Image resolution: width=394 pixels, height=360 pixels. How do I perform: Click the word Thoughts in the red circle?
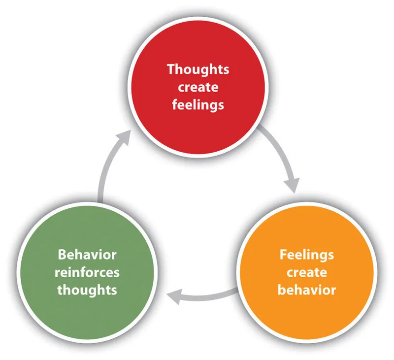tap(197, 69)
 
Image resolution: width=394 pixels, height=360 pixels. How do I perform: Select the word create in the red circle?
tap(197, 87)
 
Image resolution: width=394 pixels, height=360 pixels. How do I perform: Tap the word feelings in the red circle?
tap(197, 105)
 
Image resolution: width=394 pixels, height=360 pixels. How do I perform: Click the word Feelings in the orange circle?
tap(306, 255)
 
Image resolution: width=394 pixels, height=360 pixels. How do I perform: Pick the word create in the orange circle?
tap(306, 272)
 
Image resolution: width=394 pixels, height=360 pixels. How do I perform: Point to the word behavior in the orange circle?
tap(306, 290)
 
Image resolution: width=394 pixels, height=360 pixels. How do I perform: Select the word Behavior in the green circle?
tap(87, 255)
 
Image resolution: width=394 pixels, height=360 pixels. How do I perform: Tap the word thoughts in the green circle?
tap(87, 290)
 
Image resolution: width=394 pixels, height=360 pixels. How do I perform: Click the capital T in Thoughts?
tap(170, 69)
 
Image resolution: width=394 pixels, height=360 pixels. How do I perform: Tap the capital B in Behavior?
tap(62, 255)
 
